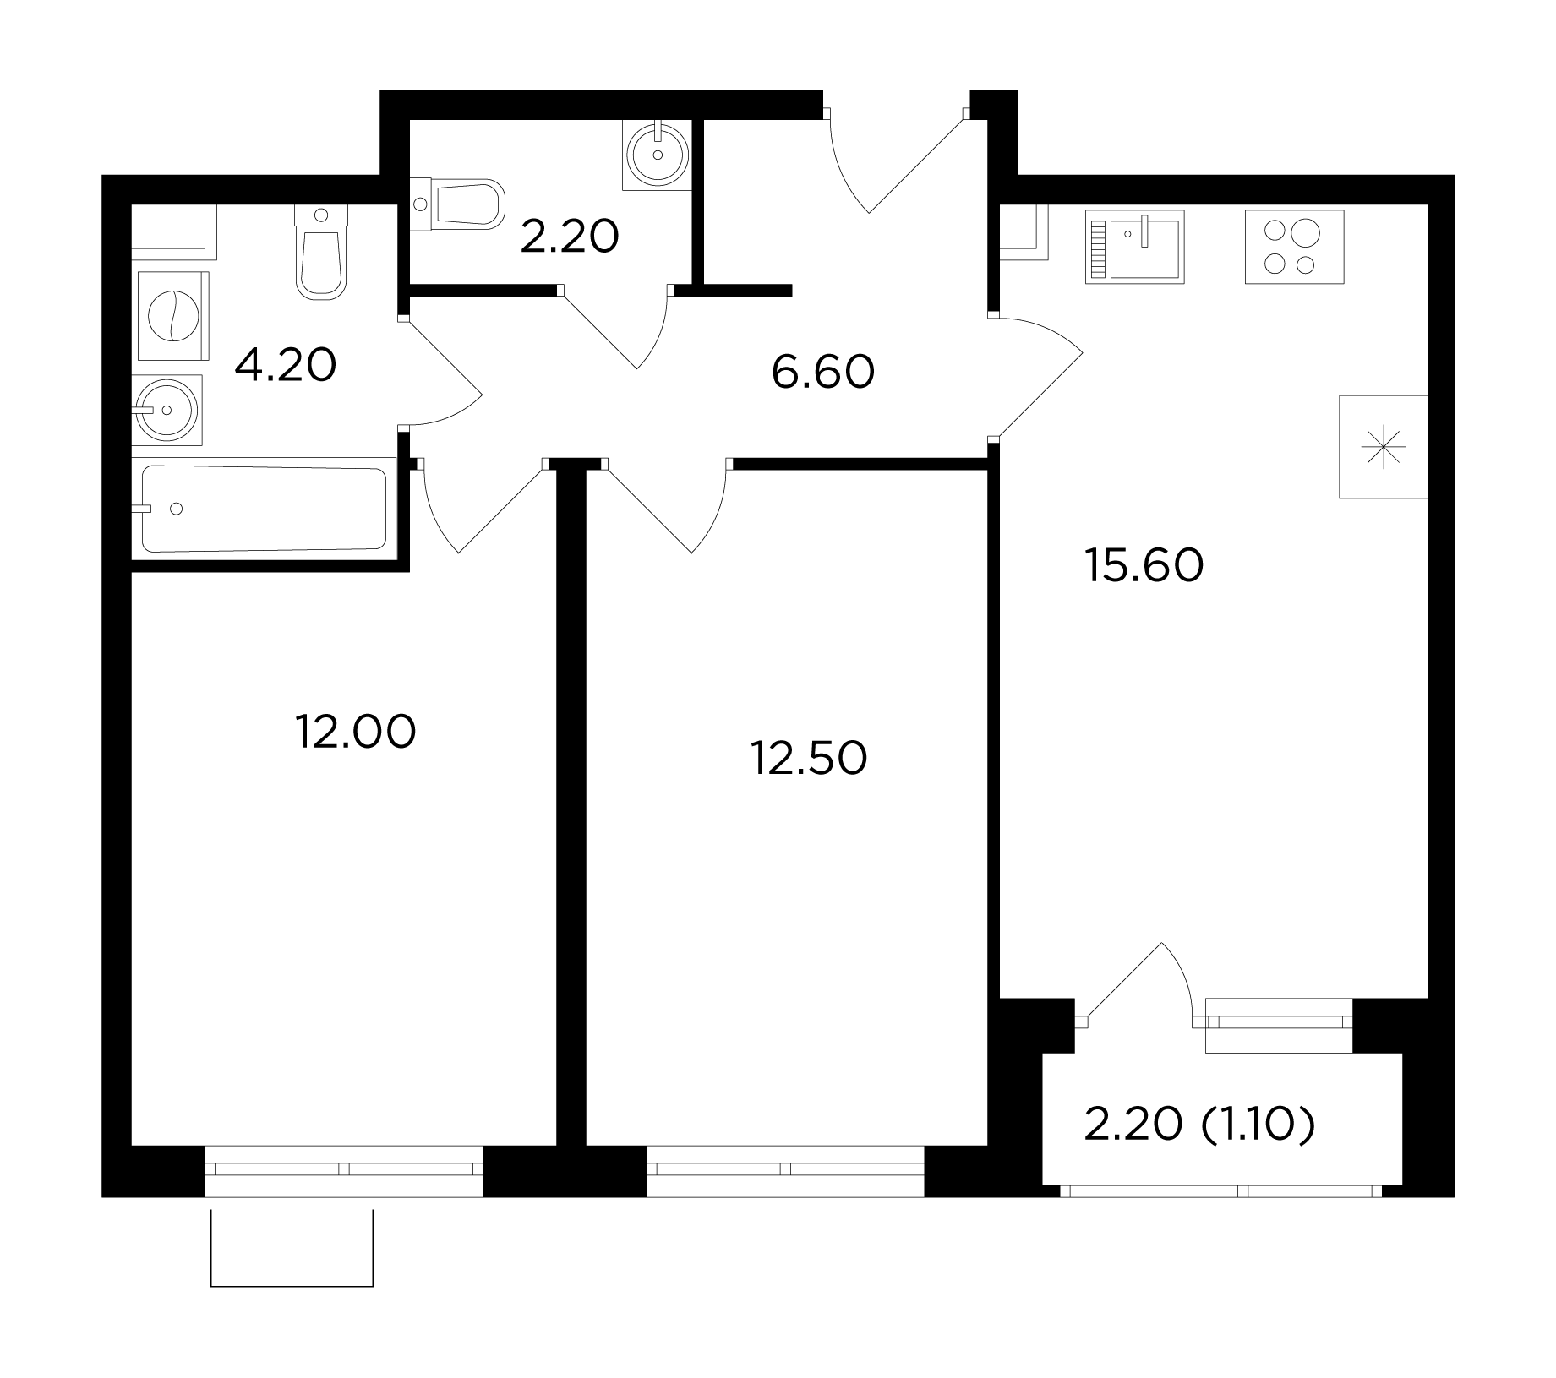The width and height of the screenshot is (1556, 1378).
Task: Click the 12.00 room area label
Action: tap(356, 732)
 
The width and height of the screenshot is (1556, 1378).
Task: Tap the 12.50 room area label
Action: tap(809, 758)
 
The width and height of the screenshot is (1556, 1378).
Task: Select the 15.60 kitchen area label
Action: tap(1144, 565)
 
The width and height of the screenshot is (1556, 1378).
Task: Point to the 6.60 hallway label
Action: tap(823, 372)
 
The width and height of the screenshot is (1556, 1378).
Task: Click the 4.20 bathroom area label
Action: tap(286, 365)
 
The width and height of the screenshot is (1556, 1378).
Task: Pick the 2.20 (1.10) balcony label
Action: tap(1200, 1125)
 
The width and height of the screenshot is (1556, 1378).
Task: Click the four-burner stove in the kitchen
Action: tap(1294, 246)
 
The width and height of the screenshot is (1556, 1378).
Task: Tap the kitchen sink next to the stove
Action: tap(1135, 246)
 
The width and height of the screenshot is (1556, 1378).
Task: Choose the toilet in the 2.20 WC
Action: tap(457, 203)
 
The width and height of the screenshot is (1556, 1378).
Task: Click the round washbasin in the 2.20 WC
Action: tap(657, 154)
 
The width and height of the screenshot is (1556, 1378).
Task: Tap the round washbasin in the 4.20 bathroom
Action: tap(168, 410)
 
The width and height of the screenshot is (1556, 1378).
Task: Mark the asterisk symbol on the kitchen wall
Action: tap(1384, 447)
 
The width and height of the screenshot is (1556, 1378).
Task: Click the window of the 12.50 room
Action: tap(785, 1169)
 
